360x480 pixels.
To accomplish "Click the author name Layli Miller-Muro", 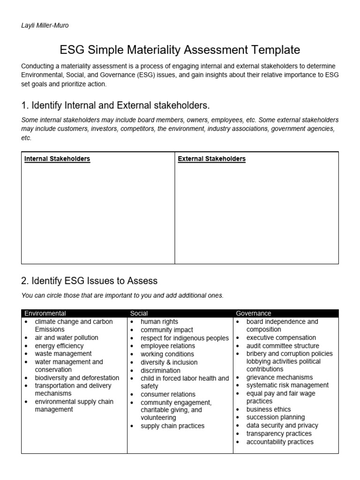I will pyautogui.click(x=45, y=25).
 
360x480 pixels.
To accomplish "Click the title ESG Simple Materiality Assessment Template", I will pyautogui.click(x=180, y=50).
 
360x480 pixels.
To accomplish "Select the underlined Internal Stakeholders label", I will pyautogui.click(x=57, y=159).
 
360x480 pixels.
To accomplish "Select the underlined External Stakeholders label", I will pyautogui.click(x=211, y=159).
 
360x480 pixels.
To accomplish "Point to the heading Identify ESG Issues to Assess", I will pyautogui.click(x=90, y=281).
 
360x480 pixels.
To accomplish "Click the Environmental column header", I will pyautogui.click(x=45, y=313).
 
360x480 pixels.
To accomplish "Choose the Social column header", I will pyautogui.click(x=139, y=313).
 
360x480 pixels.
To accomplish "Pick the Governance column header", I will pyautogui.click(x=254, y=313).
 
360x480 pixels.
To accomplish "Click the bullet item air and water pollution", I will pyautogui.click(x=67, y=337).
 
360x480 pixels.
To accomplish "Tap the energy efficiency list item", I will pyautogui.click(x=59, y=345).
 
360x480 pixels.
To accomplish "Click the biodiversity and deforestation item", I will pyautogui.click(x=74, y=377).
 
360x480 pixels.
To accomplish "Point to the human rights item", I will pyautogui.click(x=159, y=322).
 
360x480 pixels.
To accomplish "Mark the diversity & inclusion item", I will pyautogui.click(x=169, y=362).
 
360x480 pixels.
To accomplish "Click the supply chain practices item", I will pyautogui.click(x=172, y=426).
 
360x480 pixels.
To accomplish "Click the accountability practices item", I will pyautogui.click(x=280, y=442).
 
